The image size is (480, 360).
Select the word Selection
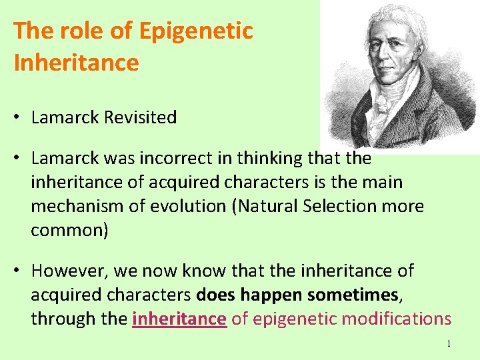(x=343, y=206)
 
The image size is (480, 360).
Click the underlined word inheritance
(x=179, y=319)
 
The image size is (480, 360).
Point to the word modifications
(x=392, y=319)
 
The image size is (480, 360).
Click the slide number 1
(x=449, y=343)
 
